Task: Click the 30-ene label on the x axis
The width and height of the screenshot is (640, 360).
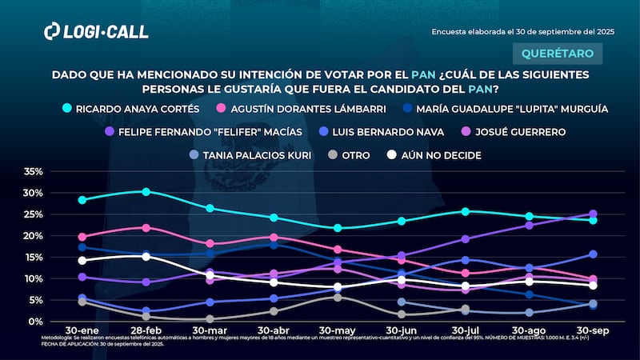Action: (82, 330)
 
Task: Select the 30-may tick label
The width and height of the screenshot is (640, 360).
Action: (337, 330)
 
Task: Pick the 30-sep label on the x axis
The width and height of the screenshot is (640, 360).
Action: (592, 330)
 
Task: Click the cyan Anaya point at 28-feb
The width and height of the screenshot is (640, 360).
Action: (146, 191)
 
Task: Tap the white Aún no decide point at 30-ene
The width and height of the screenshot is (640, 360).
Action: (82, 260)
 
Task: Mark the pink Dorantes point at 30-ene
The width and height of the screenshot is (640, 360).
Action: (82, 237)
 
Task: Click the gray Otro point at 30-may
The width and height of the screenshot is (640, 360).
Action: (338, 298)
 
